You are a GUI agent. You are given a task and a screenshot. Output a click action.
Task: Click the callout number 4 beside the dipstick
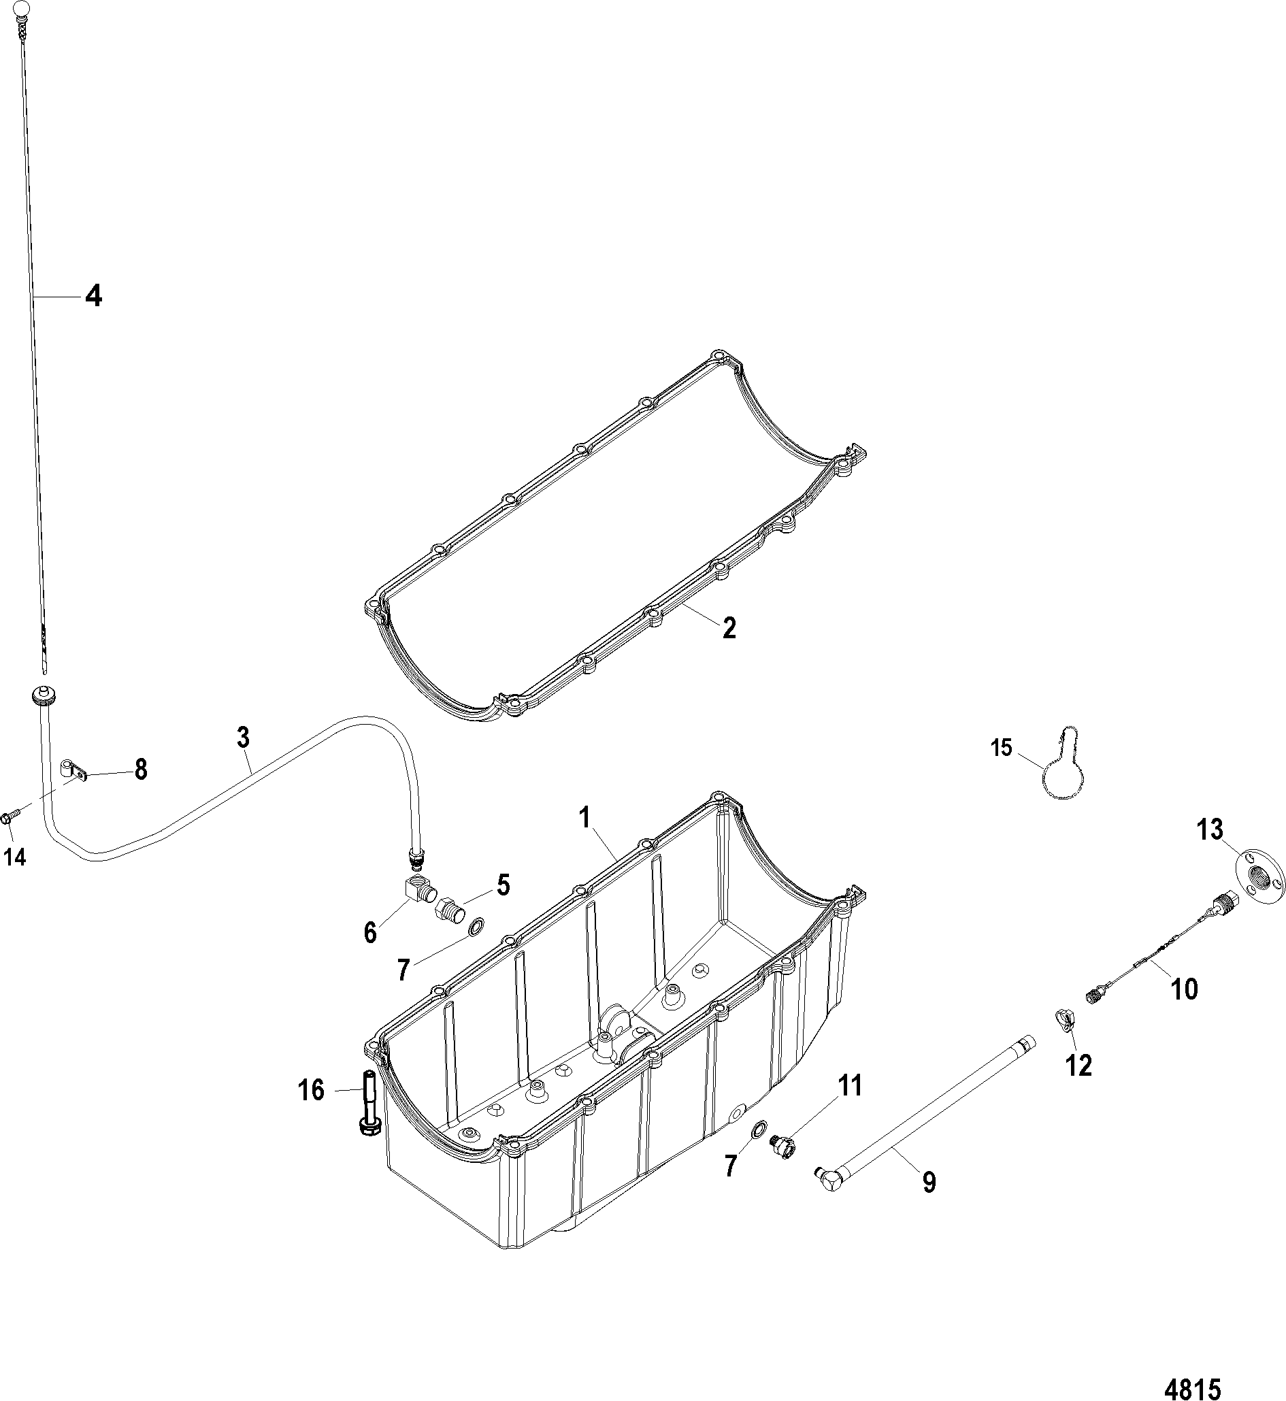[93, 297]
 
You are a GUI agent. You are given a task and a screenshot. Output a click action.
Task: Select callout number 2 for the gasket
[728, 628]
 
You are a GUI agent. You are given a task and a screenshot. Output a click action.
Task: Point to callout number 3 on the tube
[243, 738]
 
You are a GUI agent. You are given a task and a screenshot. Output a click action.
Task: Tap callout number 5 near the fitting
[503, 885]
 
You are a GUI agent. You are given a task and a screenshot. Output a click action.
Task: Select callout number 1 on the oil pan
[584, 819]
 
